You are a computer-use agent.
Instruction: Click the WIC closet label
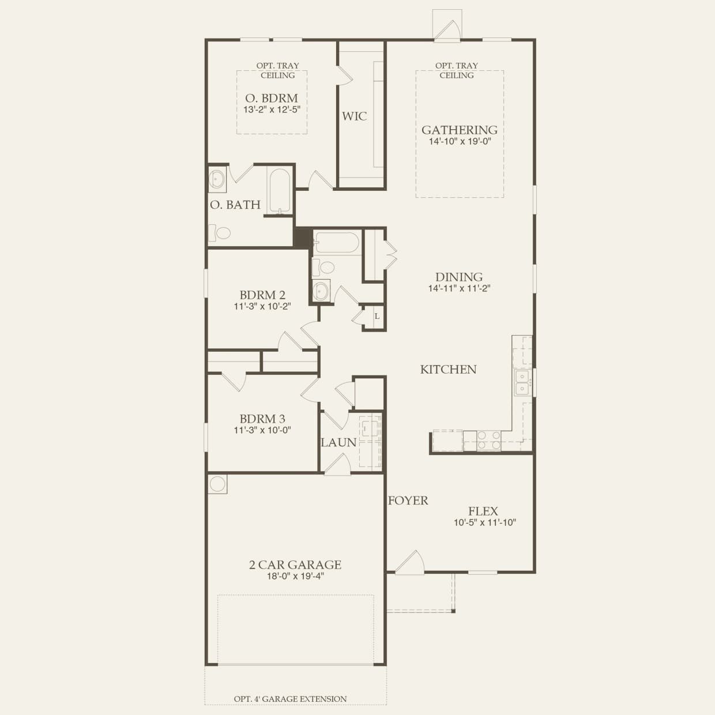coord(354,116)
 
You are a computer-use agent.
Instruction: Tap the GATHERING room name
coord(459,130)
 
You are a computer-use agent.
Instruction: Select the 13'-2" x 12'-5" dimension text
coord(272,110)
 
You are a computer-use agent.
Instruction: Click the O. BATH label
coord(235,205)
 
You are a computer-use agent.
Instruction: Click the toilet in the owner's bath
coord(220,233)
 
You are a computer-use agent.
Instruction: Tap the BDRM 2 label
coord(262,295)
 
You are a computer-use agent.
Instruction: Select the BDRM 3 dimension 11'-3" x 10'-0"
coord(262,430)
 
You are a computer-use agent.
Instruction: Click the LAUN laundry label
coord(338,443)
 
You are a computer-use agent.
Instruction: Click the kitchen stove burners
coord(489,441)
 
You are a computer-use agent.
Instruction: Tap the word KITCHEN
coord(448,370)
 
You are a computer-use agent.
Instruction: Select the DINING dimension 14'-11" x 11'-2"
coord(459,288)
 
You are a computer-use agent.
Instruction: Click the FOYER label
coord(408,501)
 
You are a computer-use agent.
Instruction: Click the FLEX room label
coord(483,511)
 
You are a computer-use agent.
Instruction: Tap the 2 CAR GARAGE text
coord(295,565)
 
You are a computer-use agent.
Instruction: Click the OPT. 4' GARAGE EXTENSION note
coord(290,699)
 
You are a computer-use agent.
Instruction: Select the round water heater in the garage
coord(217,484)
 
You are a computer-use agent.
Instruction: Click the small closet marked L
coord(377,316)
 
